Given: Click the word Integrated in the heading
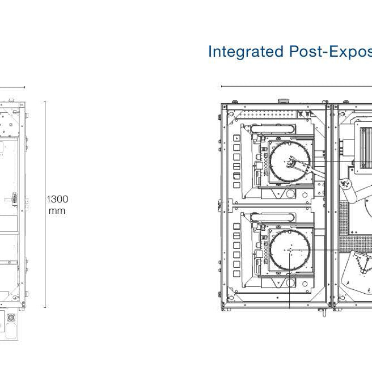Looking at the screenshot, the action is click(246, 52).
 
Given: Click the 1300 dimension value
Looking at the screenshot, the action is click(57, 199).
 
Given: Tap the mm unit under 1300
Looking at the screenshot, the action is click(57, 211).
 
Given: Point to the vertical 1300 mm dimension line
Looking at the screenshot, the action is click(45, 205).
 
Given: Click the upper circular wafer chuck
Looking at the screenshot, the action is click(290, 162).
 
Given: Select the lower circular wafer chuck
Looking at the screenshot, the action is click(290, 250).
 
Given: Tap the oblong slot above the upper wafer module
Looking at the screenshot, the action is click(273, 129).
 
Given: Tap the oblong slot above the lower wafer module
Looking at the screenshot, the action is click(273, 217).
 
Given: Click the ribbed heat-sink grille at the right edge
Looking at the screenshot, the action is click(366, 148).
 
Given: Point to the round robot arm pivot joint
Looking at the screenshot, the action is click(346, 184).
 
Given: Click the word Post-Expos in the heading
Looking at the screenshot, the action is click(331, 52).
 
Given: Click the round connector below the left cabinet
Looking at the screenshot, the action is click(11, 318).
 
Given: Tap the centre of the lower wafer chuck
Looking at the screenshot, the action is click(290, 250).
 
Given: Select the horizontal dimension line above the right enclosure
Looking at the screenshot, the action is click(297, 86).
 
